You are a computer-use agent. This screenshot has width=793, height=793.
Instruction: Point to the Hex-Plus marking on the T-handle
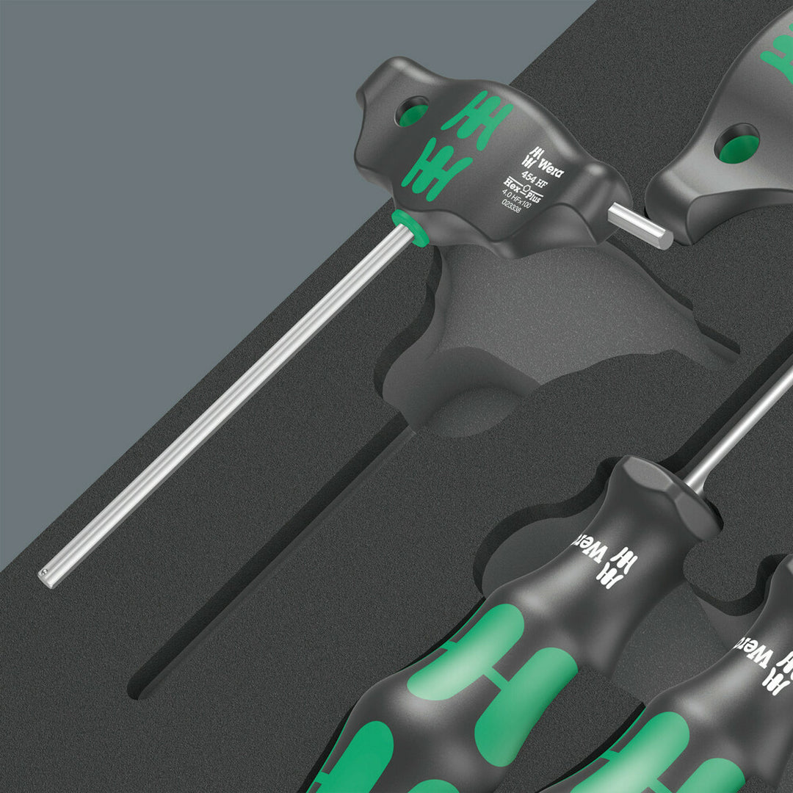[525, 189]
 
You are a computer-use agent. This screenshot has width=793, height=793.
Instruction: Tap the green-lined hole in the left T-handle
[413, 112]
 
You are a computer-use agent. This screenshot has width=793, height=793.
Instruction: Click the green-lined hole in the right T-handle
[737, 144]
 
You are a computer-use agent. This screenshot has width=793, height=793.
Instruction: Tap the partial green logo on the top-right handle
[777, 51]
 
